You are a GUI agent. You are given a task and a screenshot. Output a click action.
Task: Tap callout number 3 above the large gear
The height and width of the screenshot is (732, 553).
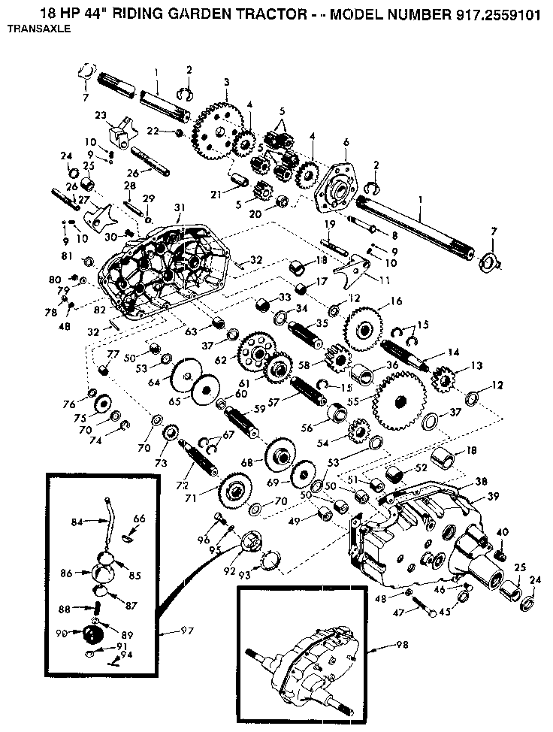coord(226,82)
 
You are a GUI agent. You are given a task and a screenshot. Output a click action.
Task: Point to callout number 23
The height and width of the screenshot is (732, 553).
coord(100,116)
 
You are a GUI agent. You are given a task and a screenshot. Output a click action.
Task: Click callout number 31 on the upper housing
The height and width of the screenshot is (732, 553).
coord(179,207)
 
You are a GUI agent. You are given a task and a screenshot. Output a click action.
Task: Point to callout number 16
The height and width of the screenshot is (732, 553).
coord(396,302)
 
